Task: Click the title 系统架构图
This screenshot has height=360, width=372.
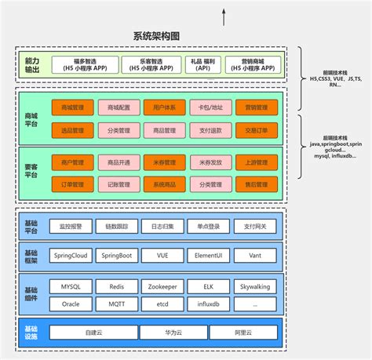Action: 157,36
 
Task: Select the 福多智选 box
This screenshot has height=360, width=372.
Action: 86,64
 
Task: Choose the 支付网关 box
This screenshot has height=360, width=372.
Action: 256,225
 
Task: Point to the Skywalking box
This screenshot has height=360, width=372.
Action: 256,287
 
